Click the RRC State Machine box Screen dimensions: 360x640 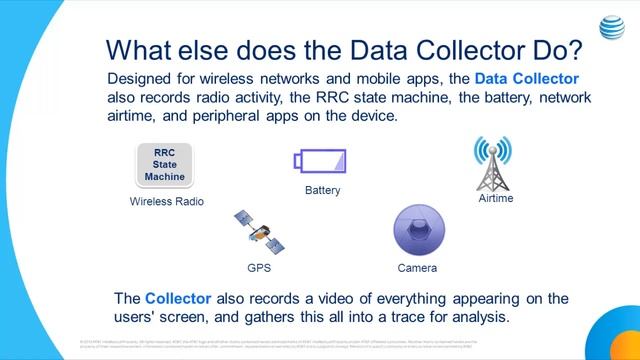(165, 165)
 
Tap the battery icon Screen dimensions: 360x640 (320, 160)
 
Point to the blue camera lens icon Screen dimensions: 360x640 (417, 231)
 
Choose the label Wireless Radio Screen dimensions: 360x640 (167, 201)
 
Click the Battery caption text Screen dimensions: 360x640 (322, 190)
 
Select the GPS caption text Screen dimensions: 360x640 (259, 268)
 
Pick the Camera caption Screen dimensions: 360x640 (417, 268)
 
